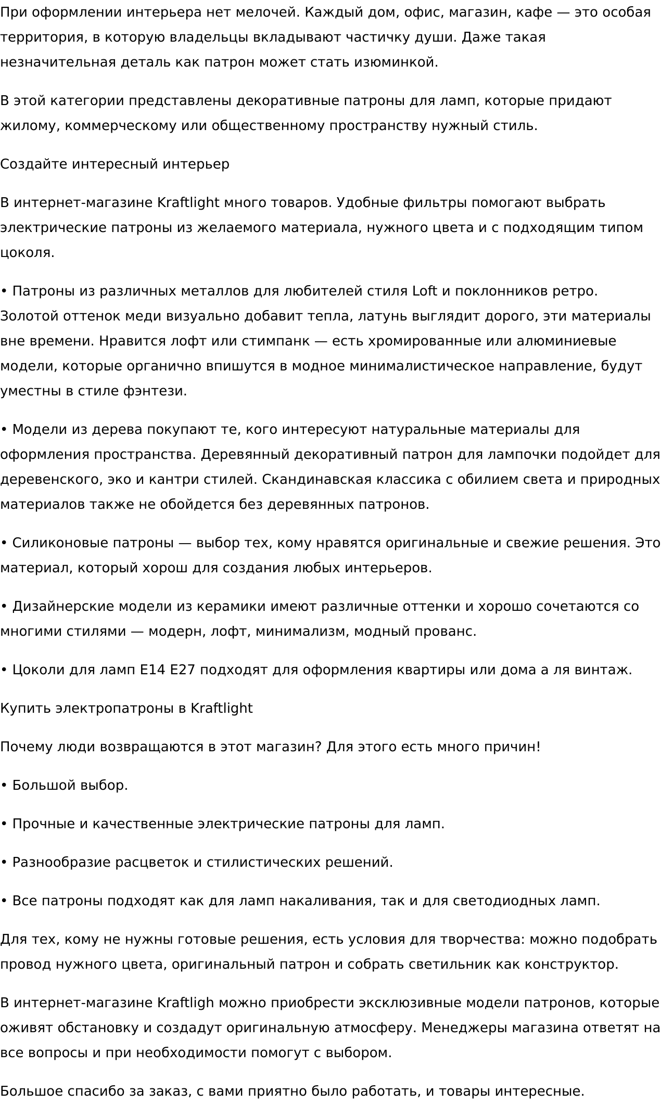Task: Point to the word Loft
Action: [424, 291]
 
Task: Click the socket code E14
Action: [152, 670]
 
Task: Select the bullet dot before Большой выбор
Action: [4, 785]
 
